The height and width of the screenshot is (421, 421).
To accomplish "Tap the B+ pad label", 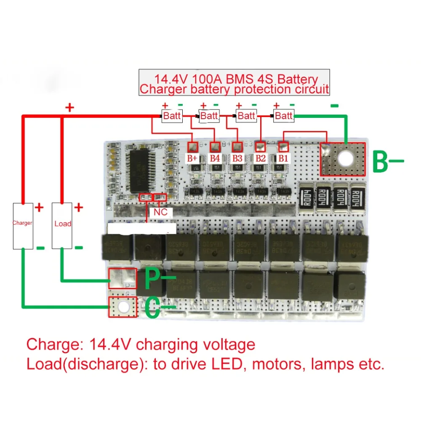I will (x=192, y=158).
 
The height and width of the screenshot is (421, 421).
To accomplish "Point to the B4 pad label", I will (x=215, y=158).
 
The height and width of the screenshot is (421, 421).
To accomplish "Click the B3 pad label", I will (x=237, y=158).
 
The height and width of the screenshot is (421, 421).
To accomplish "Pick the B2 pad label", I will (x=260, y=158).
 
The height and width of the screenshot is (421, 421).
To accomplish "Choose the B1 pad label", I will (x=283, y=158).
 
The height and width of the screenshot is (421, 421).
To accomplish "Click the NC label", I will (x=160, y=212).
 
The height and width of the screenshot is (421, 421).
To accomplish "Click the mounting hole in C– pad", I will (x=123, y=307).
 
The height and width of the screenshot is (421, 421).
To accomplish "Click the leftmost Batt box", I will (x=172, y=116).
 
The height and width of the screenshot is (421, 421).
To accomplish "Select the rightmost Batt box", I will (x=284, y=115).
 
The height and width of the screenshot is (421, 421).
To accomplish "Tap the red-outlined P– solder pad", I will (x=123, y=278).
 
